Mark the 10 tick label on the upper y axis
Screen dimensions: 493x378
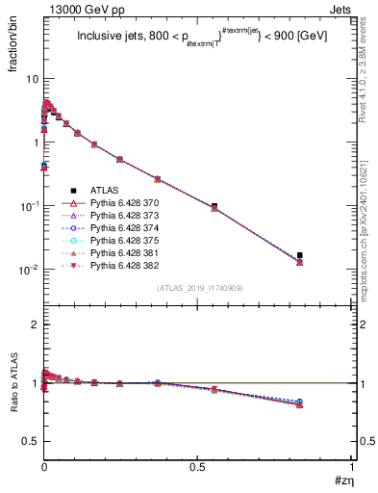click(31, 78)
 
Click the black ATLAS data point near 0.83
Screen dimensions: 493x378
click(300, 255)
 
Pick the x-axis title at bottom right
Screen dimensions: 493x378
click(343, 479)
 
